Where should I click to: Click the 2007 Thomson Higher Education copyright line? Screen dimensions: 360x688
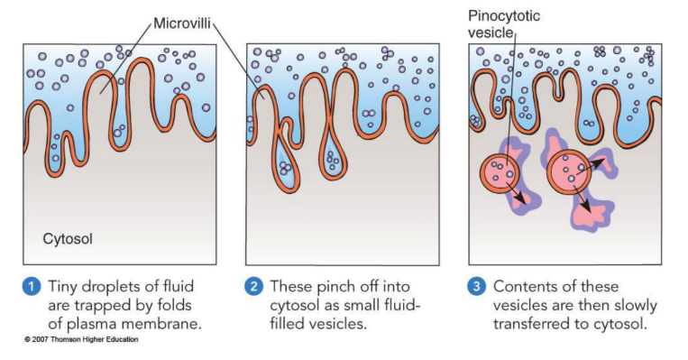click(82, 341)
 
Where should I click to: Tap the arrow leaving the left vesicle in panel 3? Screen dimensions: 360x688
click(518, 193)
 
